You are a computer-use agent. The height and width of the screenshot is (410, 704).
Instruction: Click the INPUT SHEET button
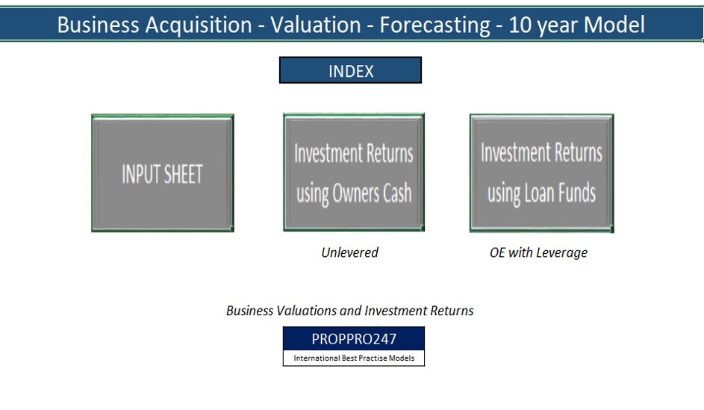pyautogui.click(x=163, y=173)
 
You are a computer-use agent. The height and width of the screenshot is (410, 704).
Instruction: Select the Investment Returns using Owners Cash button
pyautogui.click(x=354, y=173)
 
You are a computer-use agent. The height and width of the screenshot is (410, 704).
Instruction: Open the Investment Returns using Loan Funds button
pyautogui.click(x=541, y=173)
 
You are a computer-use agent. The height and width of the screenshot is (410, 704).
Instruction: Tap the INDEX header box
pyautogui.click(x=350, y=71)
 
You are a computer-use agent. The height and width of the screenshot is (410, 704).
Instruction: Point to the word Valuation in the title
pyautogui.click(x=316, y=25)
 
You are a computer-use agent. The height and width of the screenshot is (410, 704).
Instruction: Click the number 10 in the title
pyautogui.click(x=520, y=25)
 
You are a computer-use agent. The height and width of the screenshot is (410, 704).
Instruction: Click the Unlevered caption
pyautogui.click(x=349, y=252)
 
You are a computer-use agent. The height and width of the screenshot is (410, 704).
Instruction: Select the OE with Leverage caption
pyautogui.click(x=538, y=252)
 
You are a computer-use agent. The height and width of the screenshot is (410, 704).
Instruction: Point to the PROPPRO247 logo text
pyautogui.click(x=354, y=338)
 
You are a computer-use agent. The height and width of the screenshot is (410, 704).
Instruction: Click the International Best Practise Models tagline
pyautogui.click(x=354, y=358)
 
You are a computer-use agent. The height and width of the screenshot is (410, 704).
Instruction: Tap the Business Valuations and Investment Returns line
pyautogui.click(x=349, y=311)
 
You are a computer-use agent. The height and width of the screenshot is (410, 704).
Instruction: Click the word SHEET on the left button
pyautogui.click(x=183, y=174)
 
